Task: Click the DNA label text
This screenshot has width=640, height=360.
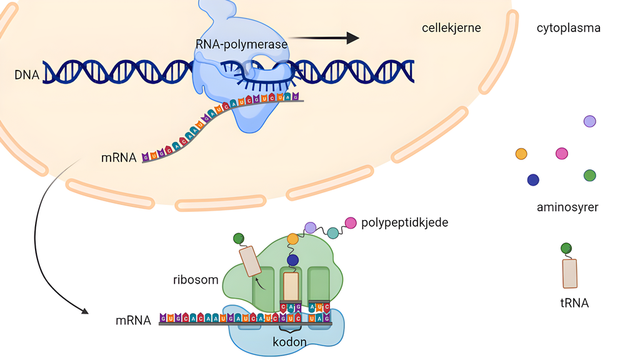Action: tap(27, 76)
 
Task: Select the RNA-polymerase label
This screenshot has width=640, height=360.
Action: tap(241, 44)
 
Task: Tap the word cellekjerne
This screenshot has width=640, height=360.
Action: tap(451, 28)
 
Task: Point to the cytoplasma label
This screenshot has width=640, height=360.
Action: tap(568, 28)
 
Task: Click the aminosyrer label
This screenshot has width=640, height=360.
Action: tap(567, 207)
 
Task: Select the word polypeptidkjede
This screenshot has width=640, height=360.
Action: tap(404, 222)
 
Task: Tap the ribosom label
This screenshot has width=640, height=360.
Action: tap(196, 279)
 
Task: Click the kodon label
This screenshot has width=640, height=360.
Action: tap(289, 342)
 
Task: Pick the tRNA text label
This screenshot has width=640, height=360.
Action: tap(574, 304)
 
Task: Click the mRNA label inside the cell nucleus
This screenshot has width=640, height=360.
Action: tap(119, 157)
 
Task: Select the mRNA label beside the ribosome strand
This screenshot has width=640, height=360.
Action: tap(133, 321)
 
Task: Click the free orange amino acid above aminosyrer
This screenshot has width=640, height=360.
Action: tap(521, 154)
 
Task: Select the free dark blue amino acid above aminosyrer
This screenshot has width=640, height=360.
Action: tap(533, 180)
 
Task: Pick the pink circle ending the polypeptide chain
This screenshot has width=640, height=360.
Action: tap(351, 222)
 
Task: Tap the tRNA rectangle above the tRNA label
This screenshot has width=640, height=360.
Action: tap(570, 273)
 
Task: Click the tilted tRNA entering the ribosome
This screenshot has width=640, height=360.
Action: tap(250, 261)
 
